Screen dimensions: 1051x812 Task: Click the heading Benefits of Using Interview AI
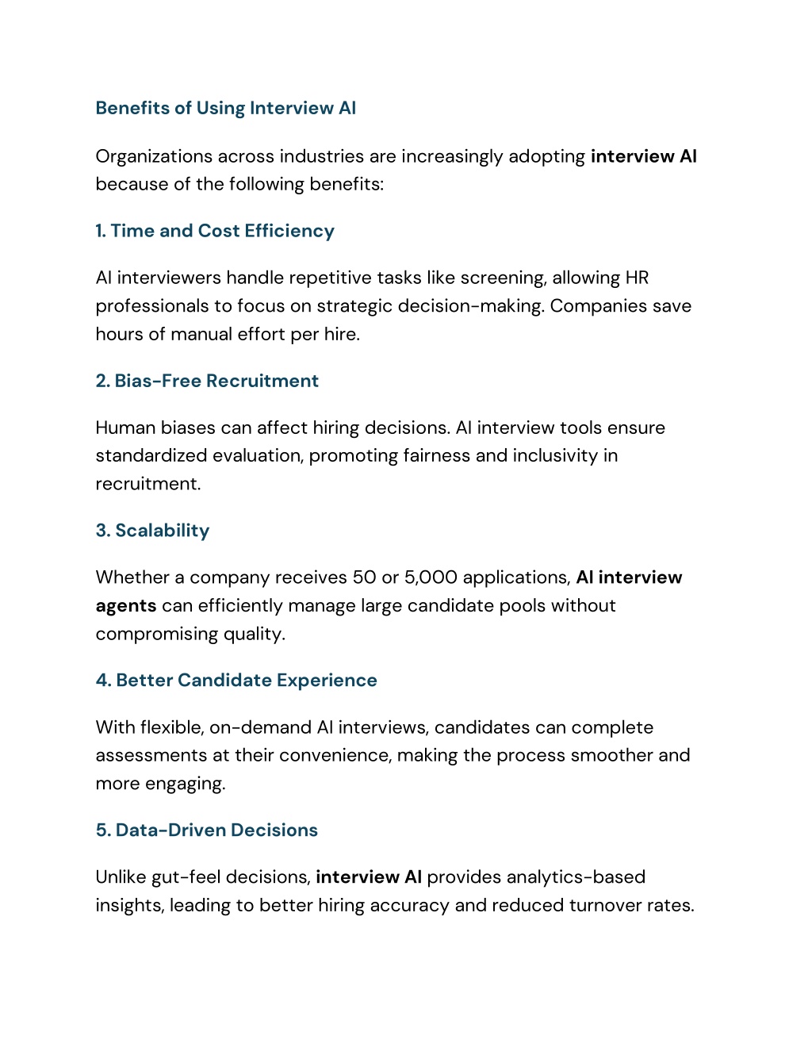click(x=225, y=108)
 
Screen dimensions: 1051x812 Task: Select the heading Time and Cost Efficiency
click(x=222, y=231)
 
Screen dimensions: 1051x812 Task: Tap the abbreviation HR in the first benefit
click(x=637, y=278)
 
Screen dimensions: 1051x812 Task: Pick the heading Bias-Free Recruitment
click(x=216, y=381)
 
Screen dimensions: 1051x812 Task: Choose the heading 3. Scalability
click(x=152, y=531)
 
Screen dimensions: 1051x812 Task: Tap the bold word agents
click(x=125, y=606)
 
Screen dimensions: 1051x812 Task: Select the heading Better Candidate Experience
click(x=246, y=681)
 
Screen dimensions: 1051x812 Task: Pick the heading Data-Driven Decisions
click(x=216, y=830)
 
